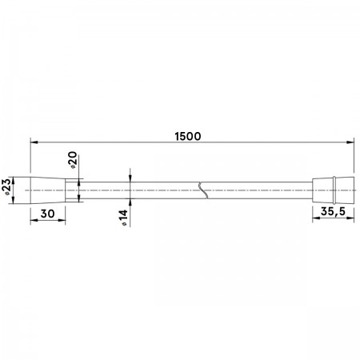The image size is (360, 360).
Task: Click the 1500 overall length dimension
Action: tap(188, 136)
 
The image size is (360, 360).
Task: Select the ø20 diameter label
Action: tap(72, 160)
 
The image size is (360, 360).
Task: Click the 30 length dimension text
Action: tap(47, 214)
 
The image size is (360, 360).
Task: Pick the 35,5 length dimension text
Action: tap(333, 211)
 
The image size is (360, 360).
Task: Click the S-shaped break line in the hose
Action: tap(203, 190)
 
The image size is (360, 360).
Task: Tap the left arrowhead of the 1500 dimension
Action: tap(34, 142)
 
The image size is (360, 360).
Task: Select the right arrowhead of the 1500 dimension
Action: tap(350, 142)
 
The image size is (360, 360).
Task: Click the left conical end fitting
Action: tap(48, 190)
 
